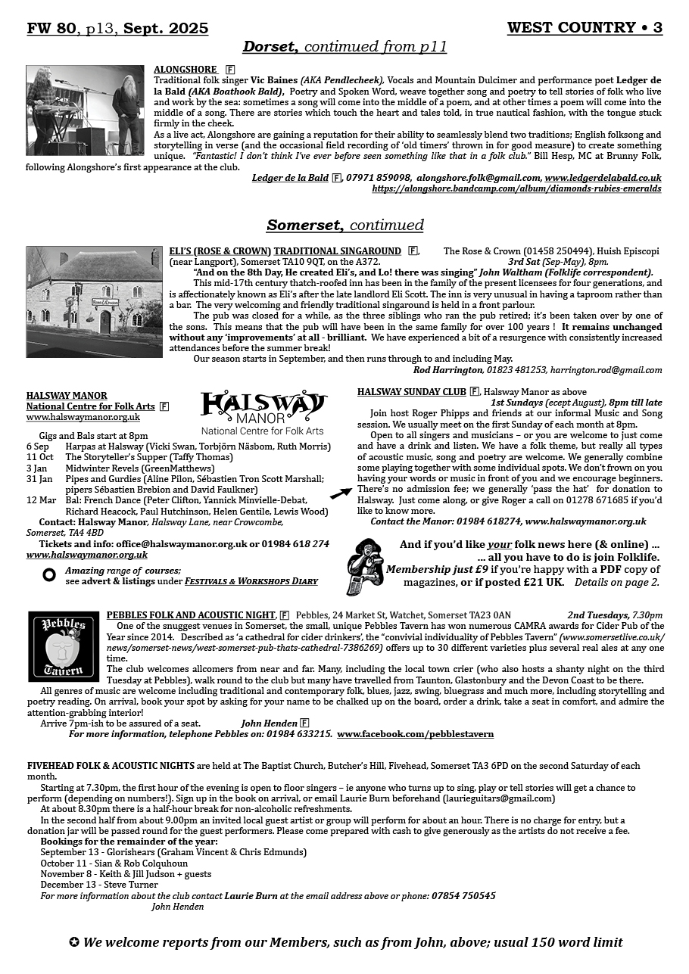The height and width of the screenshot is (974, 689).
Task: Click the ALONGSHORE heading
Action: pyautogui.click(x=185, y=70)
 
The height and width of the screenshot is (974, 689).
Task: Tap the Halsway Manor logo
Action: pyautogui.click(x=263, y=412)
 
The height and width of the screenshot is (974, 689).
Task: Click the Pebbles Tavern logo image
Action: pyautogui.click(x=63, y=646)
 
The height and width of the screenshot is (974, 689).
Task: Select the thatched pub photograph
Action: pyautogui.click(x=94, y=301)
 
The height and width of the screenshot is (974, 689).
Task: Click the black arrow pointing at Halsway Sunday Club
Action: pyautogui.click(x=341, y=493)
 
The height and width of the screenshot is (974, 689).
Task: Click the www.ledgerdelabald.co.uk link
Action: pyautogui.click(x=603, y=178)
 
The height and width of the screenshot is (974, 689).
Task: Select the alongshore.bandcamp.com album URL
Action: pyautogui.click(x=516, y=188)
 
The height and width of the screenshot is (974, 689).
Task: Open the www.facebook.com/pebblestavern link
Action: pyautogui.click(x=415, y=734)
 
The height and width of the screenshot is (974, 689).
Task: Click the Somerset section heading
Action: pyautogui.click(x=344, y=225)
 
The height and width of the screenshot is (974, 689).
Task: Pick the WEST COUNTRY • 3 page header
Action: pyautogui.click(x=585, y=28)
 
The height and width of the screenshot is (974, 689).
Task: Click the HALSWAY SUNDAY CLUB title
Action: pyautogui.click(x=411, y=391)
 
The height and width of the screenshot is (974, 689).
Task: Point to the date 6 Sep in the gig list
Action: pyautogui.click(x=38, y=447)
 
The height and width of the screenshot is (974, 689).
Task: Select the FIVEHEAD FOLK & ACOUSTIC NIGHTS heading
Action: pyautogui.click(x=111, y=766)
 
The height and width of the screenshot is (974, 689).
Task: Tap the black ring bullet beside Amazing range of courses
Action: pyautogui.click(x=49, y=575)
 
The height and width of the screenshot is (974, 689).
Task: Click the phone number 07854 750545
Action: pyautogui.click(x=463, y=896)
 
